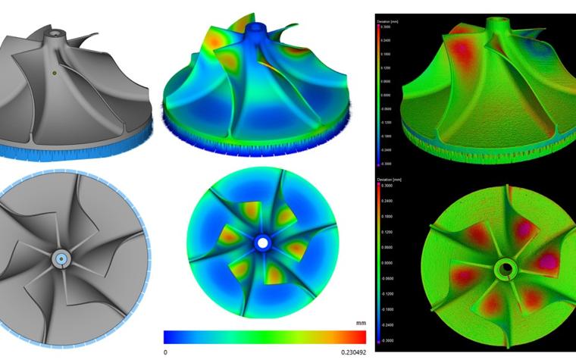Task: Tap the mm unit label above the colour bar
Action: (x=361, y=323)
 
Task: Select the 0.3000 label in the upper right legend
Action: (x=390, y=28)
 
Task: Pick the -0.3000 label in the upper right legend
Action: (x=390, y=161)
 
